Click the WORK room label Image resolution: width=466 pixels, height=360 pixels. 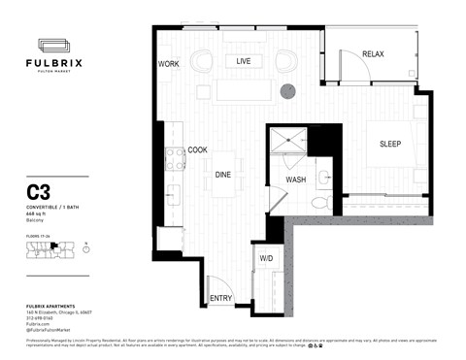pyautogui.click(x=169, y=64)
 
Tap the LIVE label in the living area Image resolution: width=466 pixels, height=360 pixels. pyautogui.click(x=244, y=61)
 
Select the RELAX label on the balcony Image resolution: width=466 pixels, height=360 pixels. pyautogui.click(x=374, y=53)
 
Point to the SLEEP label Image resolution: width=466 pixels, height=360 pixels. pyautogui.click(x=389, y=145)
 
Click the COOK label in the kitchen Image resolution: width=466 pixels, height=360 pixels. pyautogui.click(x=197, y=150)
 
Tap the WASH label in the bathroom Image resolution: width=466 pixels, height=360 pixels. pyautogui.click(x=296, y=180)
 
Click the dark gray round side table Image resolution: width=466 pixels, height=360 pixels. pyautogui.click(x=288, y=91)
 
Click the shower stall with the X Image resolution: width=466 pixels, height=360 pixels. pyautogui.click(x=286, y=144)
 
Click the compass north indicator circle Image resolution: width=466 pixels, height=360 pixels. pyautogui.click(x=86, y=248)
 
